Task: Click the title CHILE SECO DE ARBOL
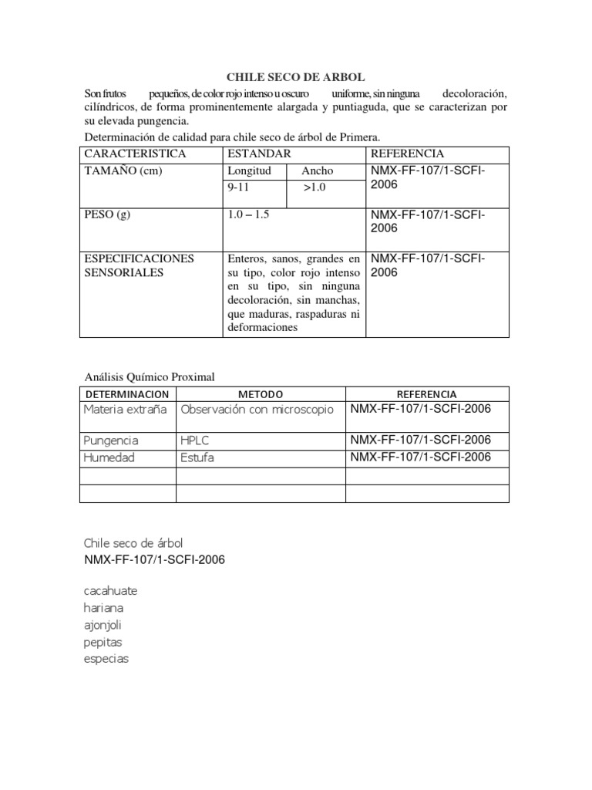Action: [x=295, y=77]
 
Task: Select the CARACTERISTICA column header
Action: [x=135, y=154]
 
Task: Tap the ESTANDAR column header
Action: [x=259, y=154]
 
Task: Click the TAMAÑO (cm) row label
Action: [x=123, y=170]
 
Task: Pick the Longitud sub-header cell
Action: [x=249, y=170]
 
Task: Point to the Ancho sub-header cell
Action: [x=318, y=170]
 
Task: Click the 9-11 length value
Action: [x=239, y=187]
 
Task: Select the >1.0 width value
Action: [x=314, y=187]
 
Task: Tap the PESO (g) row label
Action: [x=107, y=214]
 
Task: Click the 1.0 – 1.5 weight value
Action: [x=248, y=214]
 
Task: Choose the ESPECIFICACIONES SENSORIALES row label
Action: [x=139, y=265]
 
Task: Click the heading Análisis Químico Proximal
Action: [x=149, y=376]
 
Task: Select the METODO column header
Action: [x=261, y=393]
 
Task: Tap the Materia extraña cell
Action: [x=125, y=409]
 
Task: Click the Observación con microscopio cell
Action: [x=257, y=409]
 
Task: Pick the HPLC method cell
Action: [x=195, y=441]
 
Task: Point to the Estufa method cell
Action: [x=197, y=457]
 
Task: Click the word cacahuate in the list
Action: [x=110, y=591]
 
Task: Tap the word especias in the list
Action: [x=106, y=659]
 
